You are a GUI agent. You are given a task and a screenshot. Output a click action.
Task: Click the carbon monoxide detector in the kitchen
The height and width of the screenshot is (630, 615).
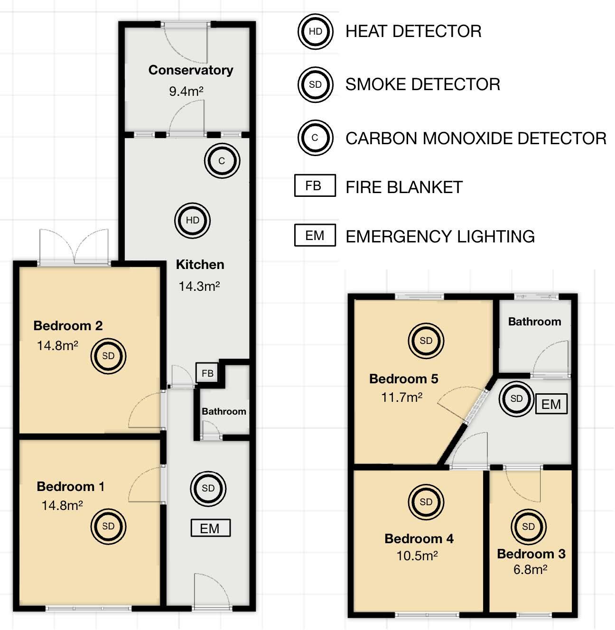tap(222, 161)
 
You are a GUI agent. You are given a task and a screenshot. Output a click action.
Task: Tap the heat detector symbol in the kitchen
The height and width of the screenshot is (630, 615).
tap(192, 220)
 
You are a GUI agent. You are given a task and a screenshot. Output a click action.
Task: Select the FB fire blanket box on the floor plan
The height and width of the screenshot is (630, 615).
tap(207, 373)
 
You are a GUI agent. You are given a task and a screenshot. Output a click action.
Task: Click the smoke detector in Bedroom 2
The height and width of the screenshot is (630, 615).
tap(108, 356)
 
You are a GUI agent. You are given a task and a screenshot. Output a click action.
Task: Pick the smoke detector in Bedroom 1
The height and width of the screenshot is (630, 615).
tap(108, 526)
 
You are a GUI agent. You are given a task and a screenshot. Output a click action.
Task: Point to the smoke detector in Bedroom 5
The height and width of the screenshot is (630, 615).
tap(426, 341)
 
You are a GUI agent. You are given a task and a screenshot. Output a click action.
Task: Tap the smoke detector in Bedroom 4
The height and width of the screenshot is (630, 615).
tap(426, 502)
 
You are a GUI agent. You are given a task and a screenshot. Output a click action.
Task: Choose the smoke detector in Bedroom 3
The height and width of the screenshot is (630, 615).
tap(528, 527)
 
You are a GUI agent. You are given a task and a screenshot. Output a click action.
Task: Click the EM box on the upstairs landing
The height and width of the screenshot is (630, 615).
tap(551, 404)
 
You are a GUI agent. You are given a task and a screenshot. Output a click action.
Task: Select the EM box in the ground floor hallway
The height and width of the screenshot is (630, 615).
tap(210, 528)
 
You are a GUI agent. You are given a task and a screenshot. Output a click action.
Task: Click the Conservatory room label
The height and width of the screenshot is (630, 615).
tap(191, 70)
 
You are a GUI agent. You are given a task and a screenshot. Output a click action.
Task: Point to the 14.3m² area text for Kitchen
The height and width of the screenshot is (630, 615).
tap(199, 286)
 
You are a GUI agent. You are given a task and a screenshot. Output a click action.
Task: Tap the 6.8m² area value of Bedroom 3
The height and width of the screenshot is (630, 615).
tap(530, 569)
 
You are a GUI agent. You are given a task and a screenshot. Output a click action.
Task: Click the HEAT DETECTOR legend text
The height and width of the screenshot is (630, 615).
tap(413, 31)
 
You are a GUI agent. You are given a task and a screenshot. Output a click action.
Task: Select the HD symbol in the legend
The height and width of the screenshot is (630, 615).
tap(315, 31)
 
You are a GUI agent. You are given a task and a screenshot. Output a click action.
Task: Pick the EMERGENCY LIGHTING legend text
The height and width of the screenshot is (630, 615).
tap(440, 236)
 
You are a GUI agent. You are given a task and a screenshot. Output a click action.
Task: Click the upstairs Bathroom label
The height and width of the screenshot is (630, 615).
tap(534, 322)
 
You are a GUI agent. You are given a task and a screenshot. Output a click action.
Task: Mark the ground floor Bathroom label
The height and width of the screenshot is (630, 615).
tap(224, 411)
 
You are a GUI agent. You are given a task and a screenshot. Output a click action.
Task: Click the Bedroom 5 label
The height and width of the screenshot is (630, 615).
tap(403, 379)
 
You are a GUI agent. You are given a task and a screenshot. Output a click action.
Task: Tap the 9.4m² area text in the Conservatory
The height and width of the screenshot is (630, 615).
tap(186, 91)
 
